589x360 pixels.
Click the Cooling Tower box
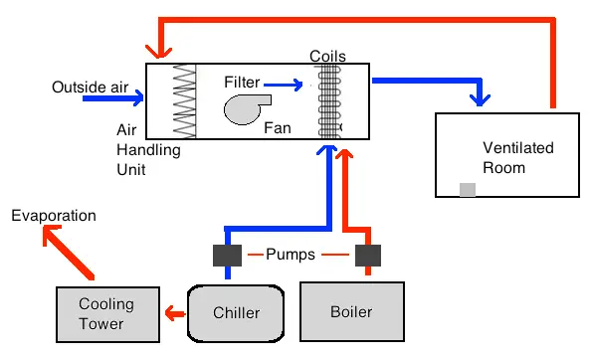tap(105, 312)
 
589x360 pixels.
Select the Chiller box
tap(236, 312)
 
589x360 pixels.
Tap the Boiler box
tap(351, 311)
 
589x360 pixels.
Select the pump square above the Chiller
tap(224, 256)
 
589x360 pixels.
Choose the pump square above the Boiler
tap(369, 256)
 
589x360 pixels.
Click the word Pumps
tap(291, 255)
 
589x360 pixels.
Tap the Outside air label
tap(91, 88)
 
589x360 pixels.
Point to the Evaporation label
tap(54, 215)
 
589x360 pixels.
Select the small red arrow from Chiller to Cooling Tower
tap(174, 313)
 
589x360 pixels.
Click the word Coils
tap(327, 56)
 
